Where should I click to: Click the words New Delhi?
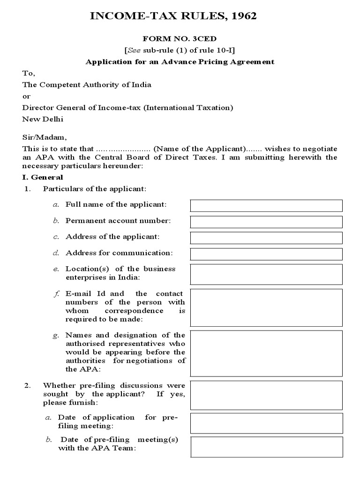click(x=43, y=119)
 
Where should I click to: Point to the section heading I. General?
click(x=43, y=178)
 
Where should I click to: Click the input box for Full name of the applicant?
click(x=266, y=205)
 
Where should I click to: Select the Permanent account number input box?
click(x=266, y=222)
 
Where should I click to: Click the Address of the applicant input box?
click(x=266, y=238)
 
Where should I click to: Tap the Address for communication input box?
click(x=266, y=254)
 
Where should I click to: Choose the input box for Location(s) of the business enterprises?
click(x=266, y=274)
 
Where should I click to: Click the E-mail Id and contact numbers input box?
click(x=266, y=307)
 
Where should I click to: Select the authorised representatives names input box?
click(x=266, y=352)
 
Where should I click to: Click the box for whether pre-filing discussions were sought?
click(x=266, y=394)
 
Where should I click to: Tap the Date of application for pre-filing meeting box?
click(x=266, y=423)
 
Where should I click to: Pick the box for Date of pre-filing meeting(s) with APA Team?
click(x=266, y=446)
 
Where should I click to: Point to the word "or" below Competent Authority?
click(x=26, y=96)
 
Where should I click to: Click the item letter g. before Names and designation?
click(x=56, y=335)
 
